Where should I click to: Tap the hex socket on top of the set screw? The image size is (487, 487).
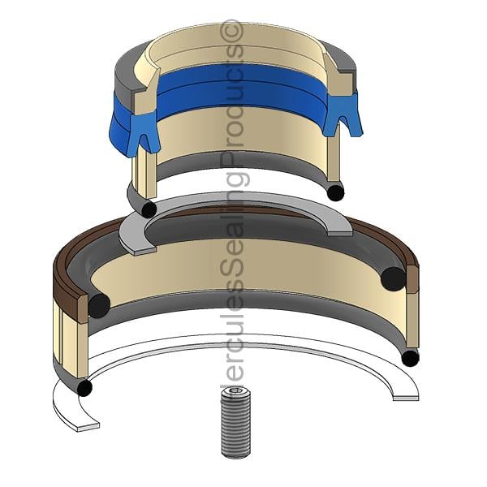(236, 391)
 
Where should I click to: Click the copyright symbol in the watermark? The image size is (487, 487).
(231, 31)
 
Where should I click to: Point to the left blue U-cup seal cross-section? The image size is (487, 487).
(144, 133)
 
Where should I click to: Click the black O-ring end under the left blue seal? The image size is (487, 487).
(149, 209)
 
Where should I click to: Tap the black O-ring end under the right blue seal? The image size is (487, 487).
(336, 192)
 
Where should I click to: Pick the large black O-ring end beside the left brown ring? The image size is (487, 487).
(99, 306)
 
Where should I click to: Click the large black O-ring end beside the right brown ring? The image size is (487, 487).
(393, 278)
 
